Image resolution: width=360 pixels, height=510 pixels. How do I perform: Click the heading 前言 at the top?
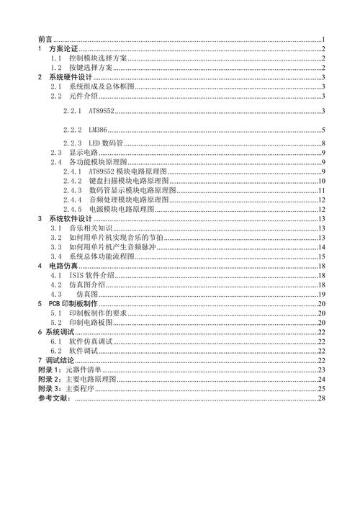tap(45, 39)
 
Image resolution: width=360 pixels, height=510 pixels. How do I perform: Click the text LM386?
tap(96, 130)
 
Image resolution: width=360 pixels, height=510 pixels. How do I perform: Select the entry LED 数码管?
tap(104, 144)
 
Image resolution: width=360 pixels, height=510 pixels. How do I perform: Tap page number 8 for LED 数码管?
tap(324, 144)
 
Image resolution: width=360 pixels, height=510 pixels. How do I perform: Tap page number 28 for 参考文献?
tap(323, 398)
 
